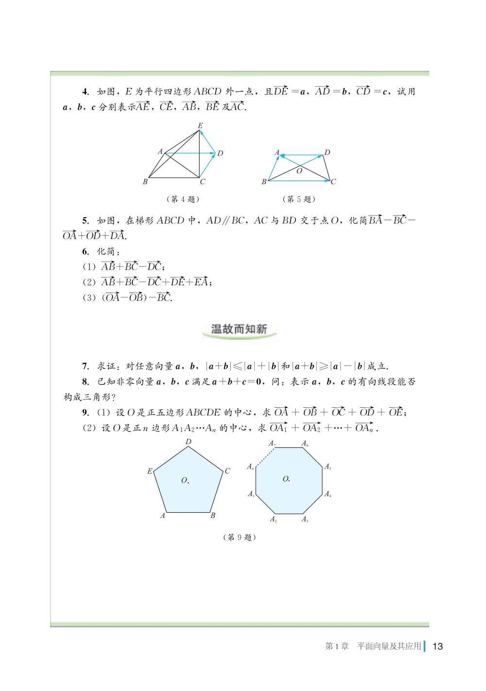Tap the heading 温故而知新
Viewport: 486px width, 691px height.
pos(239,329)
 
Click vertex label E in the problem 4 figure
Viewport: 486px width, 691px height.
pos(200,125)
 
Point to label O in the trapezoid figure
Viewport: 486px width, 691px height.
pos(299,171)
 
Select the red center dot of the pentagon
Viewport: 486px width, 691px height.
pos(188,482)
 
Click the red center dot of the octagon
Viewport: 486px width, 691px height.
pos(289,481)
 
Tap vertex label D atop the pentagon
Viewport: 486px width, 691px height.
pos(189,442)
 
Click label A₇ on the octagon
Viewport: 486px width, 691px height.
pos(272,443)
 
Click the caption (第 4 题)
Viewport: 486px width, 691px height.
pos(182,199)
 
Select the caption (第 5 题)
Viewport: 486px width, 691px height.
pos(299,199)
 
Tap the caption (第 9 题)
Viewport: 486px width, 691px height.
pos(239,537)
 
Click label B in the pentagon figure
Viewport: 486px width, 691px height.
pos(213,516)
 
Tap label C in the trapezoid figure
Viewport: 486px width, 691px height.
pos(333,182)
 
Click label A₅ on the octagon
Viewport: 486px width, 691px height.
pos(328,467)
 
